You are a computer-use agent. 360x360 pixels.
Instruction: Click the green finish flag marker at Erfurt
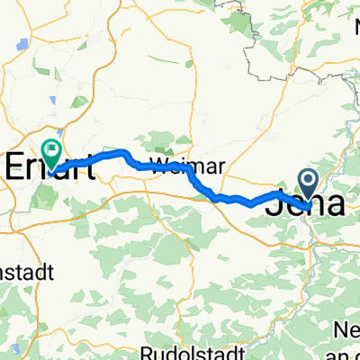point(52,150)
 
